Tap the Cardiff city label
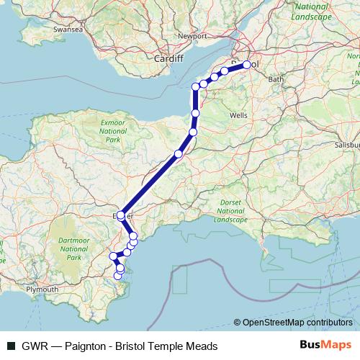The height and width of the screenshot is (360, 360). tap(170, 58)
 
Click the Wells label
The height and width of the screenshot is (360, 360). tap(238, 115)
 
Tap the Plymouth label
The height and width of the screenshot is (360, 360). tap(42, 289)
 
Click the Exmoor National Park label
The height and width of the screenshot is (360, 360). tap(112, 132)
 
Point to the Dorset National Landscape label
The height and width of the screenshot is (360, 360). tap(230, 210)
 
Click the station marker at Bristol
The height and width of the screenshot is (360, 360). tap(246, 65)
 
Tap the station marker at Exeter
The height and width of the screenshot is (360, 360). tap(120, 215)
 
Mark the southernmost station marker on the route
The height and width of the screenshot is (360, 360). tap(119, 276)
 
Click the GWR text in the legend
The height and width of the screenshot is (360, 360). tap(32, 345)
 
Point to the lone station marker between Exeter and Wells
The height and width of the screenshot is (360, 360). tap(179, 154)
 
